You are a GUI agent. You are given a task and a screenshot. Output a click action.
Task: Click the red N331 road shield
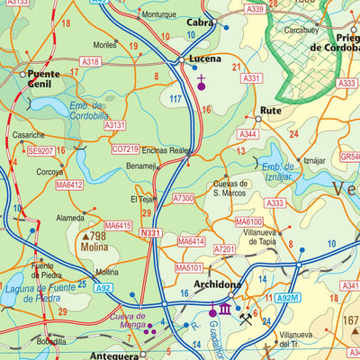pyautogui.click(x=150, y=233)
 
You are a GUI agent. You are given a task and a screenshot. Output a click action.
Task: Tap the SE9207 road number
pyautogui.click(x=40, y=151)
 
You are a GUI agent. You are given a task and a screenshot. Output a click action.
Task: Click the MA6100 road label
pyautogui.click(x=248, y=221)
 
